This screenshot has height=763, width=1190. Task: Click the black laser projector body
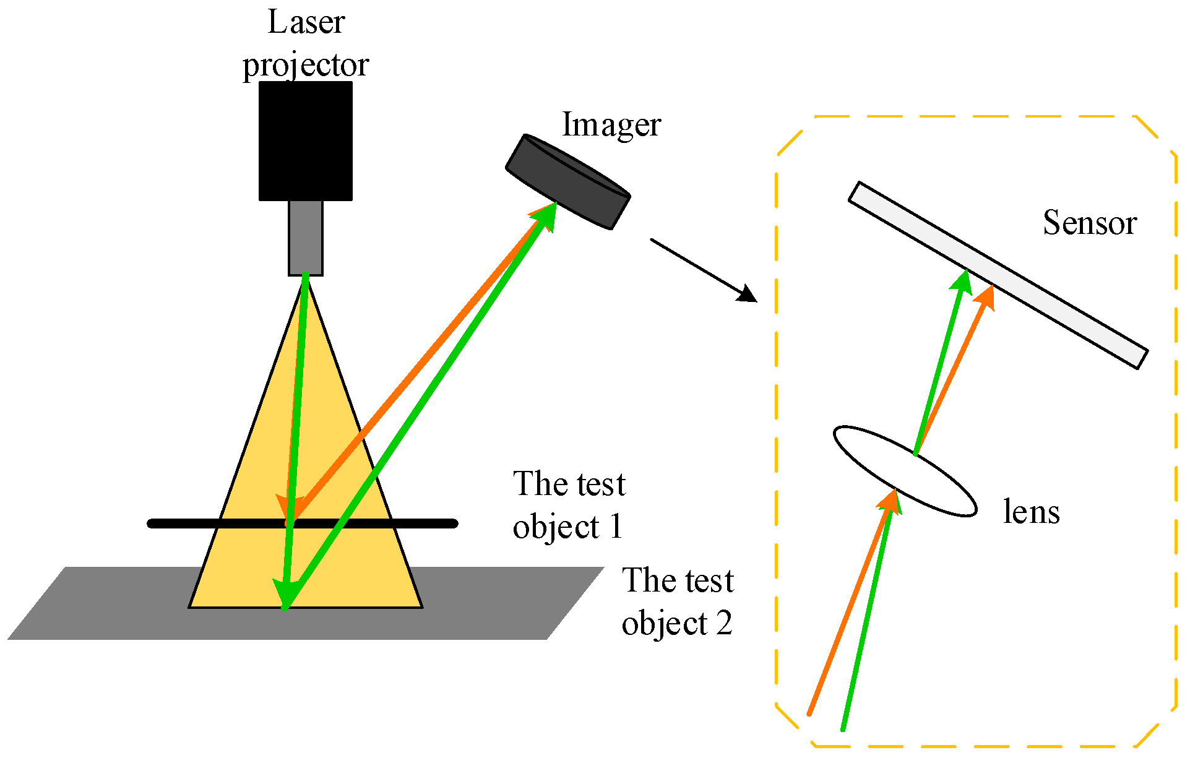click(x=305, y=141)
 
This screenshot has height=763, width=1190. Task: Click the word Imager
click(x=611, y=125)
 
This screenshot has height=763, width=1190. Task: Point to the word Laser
click(x=306, y=22)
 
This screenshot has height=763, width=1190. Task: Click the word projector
click(x=306, y=66)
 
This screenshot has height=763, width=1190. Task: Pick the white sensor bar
click(x=998, y=275)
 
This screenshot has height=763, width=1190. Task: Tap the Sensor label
click(x=1090, y=223)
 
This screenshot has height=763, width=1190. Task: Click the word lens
click(x=1031, y=512)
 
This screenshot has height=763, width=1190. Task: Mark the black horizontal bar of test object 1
click(x=186, y=524)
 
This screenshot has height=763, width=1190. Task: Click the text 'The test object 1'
click(x=569, y=505)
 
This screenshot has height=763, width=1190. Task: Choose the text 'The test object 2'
click(x=678, y=601)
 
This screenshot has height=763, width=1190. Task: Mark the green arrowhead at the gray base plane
click(x=285, y=595)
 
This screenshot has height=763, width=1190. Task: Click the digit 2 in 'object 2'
click(x=724, y=624)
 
